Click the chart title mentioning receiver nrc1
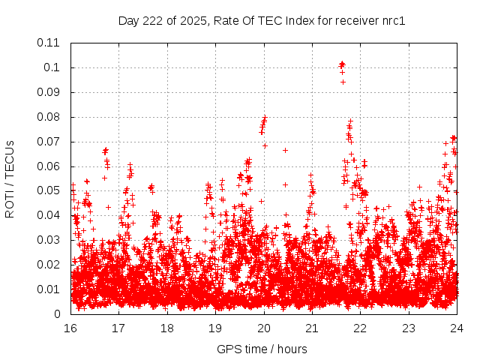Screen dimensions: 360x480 262,20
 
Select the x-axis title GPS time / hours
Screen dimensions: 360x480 262,349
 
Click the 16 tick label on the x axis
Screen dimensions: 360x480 70,328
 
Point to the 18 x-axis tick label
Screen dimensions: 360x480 167,328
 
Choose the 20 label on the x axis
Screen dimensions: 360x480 264,328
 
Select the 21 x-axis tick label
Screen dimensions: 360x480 312,328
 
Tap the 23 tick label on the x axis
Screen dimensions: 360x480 409,328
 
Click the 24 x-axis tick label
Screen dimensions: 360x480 457,328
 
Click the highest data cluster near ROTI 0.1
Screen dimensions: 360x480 342,65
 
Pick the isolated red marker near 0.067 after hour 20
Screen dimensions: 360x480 285,150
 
